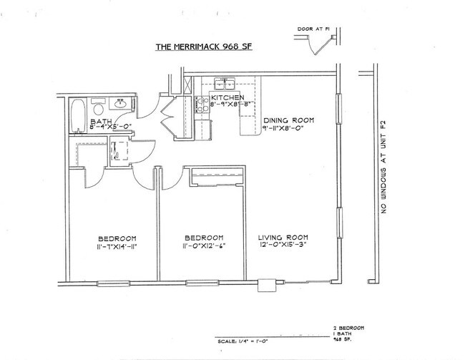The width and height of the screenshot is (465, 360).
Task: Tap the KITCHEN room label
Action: (x=227, y=97)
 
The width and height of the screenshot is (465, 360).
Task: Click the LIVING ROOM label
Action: (x=284, y=238)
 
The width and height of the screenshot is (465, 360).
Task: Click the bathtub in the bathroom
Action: (x=77, y=115)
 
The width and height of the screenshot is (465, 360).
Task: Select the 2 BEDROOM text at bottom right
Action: (x=349, y=327)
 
